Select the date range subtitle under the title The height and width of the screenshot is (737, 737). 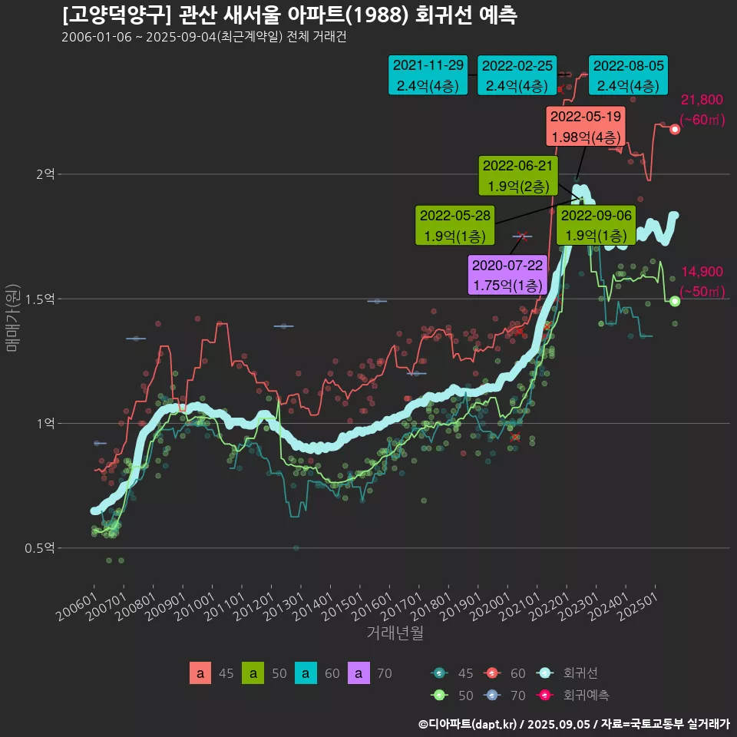coord(204,38)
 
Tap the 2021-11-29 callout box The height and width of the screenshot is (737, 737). coord(428,75)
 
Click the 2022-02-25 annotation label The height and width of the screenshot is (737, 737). coord(517,75)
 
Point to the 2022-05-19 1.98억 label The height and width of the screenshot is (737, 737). coord(585,127)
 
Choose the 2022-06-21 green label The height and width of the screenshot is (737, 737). coord(517,175)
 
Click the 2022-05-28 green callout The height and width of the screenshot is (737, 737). coord(454,226)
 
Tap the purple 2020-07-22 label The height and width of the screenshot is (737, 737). coord(507,275)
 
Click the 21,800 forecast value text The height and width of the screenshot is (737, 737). coord(702,100)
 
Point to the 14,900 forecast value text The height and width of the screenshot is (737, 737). coord(702,272)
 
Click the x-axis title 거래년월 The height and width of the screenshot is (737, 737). coord(395,633)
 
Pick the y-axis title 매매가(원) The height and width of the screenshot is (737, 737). coord(12,318)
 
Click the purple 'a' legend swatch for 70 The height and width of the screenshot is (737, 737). coord(359,673)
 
